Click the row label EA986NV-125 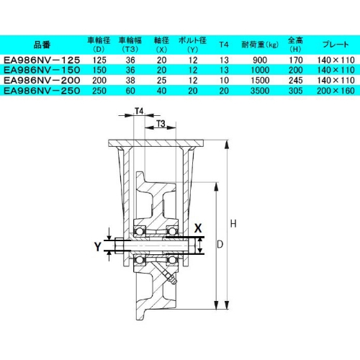click(42, 60)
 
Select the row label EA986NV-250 click(42, 91)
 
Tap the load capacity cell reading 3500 click(260, 91)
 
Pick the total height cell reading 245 click(296, 81)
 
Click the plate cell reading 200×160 click(336, 91)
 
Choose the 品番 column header click(42, 45)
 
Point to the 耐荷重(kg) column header click(260, 45)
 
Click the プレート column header click(336, 45)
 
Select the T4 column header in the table click(224, 45)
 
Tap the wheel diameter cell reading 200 click(99, 81)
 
